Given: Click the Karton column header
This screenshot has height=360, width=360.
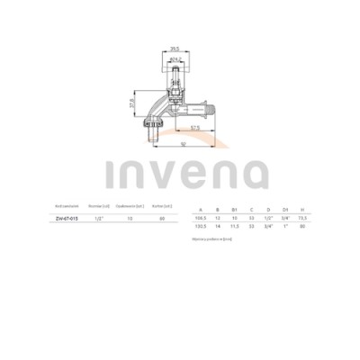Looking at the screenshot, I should [x=163, y=207].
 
